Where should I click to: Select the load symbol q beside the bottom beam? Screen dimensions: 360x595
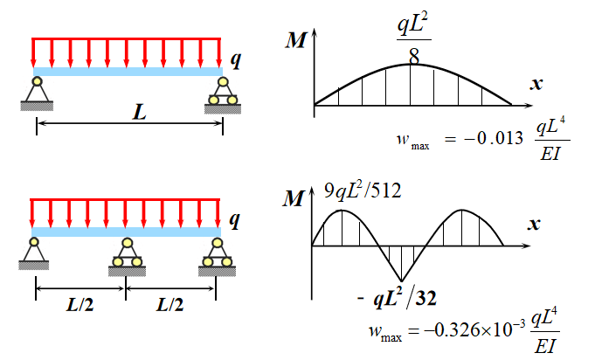(x=233, y=219)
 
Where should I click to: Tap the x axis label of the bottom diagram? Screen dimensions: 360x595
(x=534, y=225)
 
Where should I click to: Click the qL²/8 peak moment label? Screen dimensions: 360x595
(x=411, y=40)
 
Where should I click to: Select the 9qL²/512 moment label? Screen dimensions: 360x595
(x=366, y=189)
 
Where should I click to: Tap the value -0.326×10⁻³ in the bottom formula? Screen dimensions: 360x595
(x=479, y=330)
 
